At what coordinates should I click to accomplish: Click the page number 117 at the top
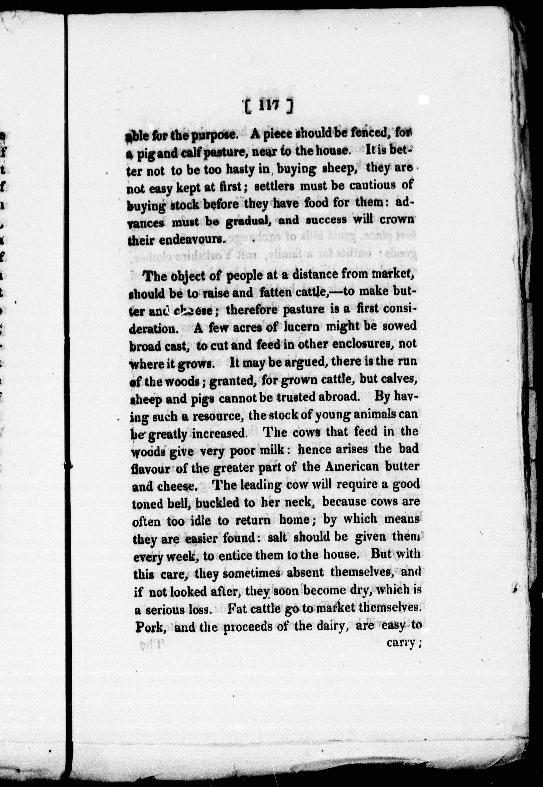pyautogui.click(x=268, y=106)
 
